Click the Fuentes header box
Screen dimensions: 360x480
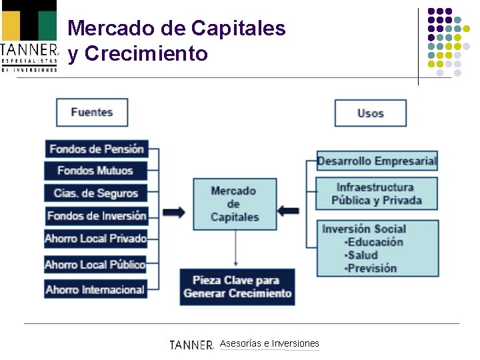coord(92,112)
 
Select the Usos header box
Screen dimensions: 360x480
coord(370,113)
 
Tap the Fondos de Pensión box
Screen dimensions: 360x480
coord(96,149)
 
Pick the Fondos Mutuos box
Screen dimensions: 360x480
coord(95,171)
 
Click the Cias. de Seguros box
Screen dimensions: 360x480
coord(95,193)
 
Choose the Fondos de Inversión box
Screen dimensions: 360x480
coord(96,216)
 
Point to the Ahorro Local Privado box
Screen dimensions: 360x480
coord(95,239)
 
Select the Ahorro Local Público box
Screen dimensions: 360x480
coord(95,265)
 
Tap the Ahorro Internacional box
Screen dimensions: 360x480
coord(95,289)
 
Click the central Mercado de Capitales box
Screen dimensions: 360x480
coord(234,204)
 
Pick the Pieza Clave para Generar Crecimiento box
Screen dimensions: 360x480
coord(237,287)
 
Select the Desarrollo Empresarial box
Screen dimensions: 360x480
coord(377,161)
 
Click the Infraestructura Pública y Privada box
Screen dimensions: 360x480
coord(377,193)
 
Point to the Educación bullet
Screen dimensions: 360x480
coord(375,242)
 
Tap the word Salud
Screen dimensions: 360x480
coord(363,255)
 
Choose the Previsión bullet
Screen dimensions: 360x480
coord(371,268)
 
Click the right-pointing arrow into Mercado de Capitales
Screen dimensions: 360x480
coord(175,212)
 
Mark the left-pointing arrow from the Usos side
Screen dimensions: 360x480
coord(288,211)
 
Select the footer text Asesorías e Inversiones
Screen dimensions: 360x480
coord(269,343)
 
